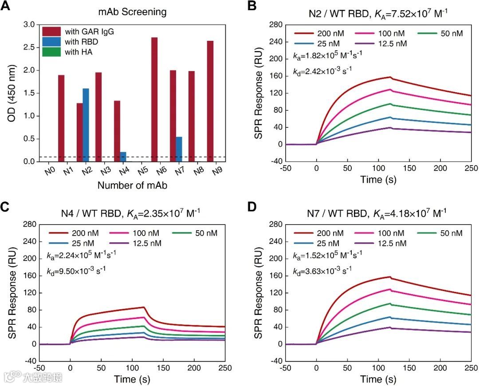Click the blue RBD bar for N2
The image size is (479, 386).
pyautogui.click(x=86, y=125)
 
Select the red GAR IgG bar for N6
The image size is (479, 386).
pyautogui.click(x=154, y=99)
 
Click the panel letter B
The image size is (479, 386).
pyautogui.click(x=251, y=7)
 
